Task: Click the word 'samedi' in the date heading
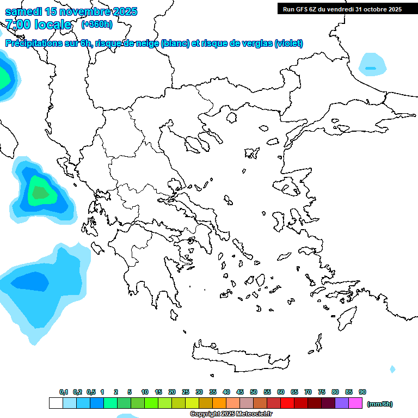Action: [x=24, y=11]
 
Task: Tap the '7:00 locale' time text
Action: [x=38, y=24]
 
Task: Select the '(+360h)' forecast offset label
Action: [x=97, y=24]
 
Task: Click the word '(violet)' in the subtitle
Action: [x=289, y=44]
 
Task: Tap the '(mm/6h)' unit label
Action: [x=379, y=404]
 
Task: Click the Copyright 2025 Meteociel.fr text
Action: [x=231, y=414]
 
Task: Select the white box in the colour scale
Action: [x=56, y=403]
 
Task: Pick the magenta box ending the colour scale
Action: [x=355, y=403]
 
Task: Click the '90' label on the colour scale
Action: [x=362, y=392]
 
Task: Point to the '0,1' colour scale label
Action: [x=63, y=392]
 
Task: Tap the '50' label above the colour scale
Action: [x=254, y=392]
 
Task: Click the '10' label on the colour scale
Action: [x=145, y=392]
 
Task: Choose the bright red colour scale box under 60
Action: [x=287, y=403]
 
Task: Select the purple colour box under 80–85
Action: [x=342, y=403]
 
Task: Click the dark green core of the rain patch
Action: [x=40, y=192]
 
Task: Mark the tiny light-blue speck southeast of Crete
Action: [x=392, y=369]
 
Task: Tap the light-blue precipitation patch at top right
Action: [x=373, y=64]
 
